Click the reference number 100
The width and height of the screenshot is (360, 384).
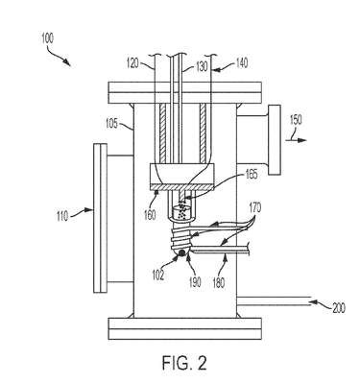tap(47, 38)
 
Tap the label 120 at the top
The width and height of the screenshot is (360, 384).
tap(132, 63)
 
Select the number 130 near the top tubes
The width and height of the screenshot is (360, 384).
tap(202, 66)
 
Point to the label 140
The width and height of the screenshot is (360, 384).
tap(241, 62)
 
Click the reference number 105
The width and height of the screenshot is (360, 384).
tap(112, 124)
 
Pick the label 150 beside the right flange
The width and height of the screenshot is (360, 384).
tap(296, 120)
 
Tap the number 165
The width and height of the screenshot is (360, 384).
tap(252, 175)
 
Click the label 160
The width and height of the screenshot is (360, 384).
tap(150, 215)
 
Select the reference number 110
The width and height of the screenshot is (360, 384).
tap(62, 216)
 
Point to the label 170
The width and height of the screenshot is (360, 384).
tap(254, 208)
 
